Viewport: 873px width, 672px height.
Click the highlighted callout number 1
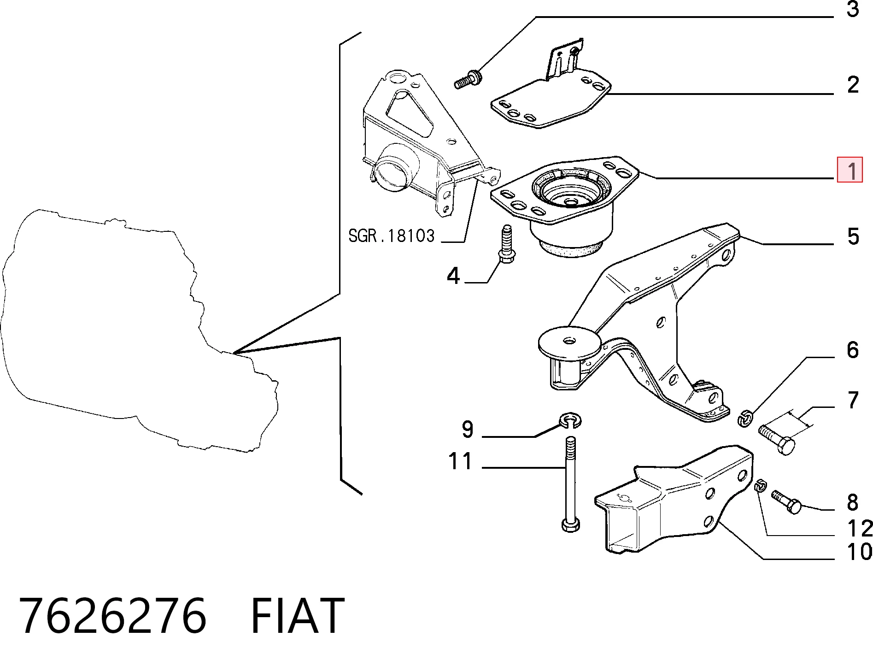(x=850, y=170)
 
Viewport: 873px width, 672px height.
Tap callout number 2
(x=853, y=85)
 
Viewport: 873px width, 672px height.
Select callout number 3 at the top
(x=853, y=9)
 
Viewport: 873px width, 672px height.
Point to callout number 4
(x=454, y=275)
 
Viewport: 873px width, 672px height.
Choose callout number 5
(x=853, y=236)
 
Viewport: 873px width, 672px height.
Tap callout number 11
(x=460, y=461)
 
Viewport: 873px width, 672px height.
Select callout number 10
(x=860, y=552)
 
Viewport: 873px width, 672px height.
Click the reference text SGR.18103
(x=391, y=236)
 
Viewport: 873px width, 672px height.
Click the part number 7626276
(x=113, y=616)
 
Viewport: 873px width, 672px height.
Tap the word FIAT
(x=298, y=616)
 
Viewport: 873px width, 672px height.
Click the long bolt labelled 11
(x=571, y=484)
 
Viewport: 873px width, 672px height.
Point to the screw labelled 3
(x=468, y=80)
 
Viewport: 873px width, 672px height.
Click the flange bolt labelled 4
(x=507, y=247)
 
